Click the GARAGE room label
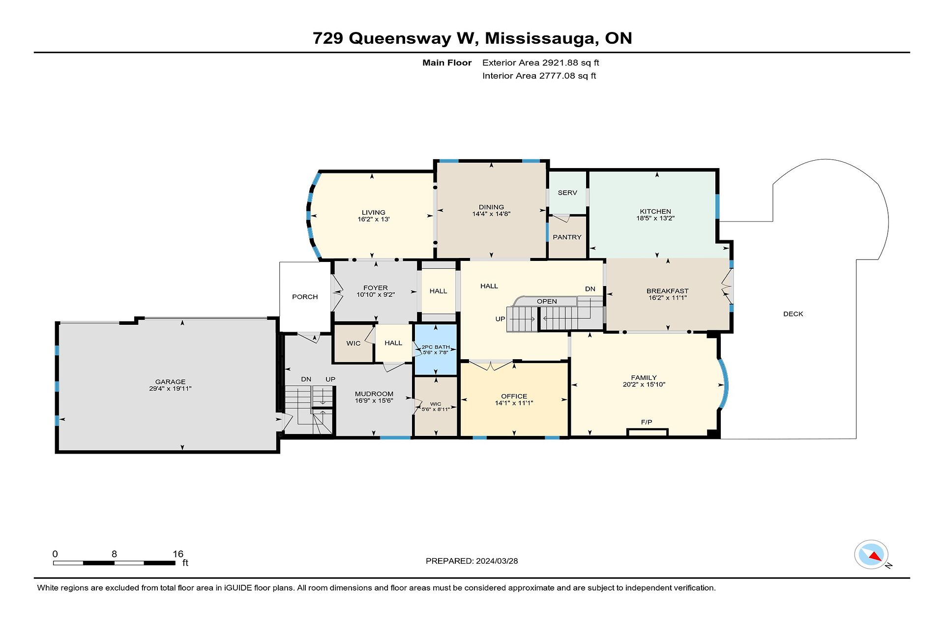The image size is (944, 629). tap(170, 381)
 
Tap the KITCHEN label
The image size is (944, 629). tap(655, 211)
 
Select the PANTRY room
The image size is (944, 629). tap(567, 237)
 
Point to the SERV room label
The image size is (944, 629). tap(567, 193)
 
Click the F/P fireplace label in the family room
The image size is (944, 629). tap(647, 422)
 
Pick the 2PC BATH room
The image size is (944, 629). tap(436, 349)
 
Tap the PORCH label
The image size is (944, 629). tap(305, 297)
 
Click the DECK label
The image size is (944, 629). tap(793, 314)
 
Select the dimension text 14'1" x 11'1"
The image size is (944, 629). tap(514, 403)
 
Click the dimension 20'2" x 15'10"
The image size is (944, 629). tap(644, 385)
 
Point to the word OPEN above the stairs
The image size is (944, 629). tap(547, 301)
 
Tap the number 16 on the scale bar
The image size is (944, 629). tap(178, 554)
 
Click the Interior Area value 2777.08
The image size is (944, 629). tap(557, 76)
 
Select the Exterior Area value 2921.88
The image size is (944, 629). tap(560, 63)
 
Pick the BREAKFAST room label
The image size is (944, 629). tap(667, 291)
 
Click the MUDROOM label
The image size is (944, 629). tap(374, 394)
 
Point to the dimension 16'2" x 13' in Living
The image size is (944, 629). tap(374, 219)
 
